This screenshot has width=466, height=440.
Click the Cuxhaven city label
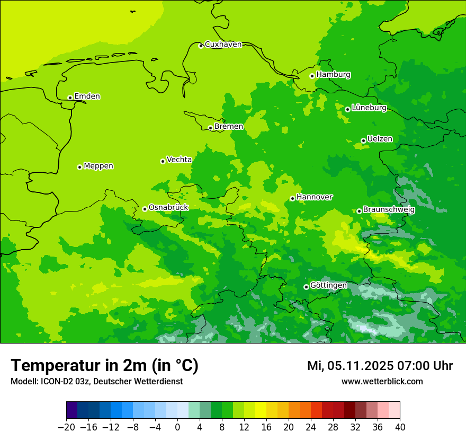coord(223,45)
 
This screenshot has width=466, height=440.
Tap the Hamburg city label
coord(333,75)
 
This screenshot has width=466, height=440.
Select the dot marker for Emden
coord(70,98)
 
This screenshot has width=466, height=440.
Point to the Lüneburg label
coord(369,108)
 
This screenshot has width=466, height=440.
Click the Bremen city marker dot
coord(210,128)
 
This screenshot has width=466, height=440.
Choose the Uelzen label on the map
coord(380,139)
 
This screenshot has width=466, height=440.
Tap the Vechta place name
coord(179,160)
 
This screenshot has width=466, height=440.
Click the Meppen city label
coord(98,166)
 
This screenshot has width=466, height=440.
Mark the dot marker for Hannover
coord(292,198)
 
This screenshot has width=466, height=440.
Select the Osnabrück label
coord(168,208)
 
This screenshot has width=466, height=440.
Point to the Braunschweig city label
coord(389,210)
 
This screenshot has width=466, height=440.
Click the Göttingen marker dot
coord(306,287)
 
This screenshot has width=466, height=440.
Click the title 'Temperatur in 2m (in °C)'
coord(104,366)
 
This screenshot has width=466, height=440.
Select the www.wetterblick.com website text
coord(382,382)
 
